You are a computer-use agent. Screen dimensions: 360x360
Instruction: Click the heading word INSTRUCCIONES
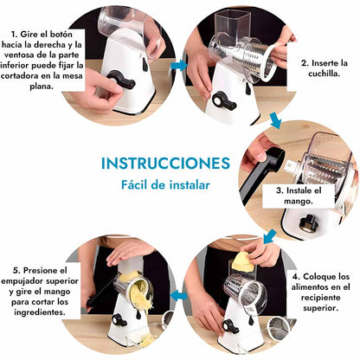(165, 164)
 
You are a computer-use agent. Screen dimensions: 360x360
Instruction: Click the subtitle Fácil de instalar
(165, 184)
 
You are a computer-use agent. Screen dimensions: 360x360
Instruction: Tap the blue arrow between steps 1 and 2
(179, 66)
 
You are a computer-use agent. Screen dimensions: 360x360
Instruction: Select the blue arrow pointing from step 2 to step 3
(275, 120)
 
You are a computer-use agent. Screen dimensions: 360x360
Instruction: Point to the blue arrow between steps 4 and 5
(178, 296)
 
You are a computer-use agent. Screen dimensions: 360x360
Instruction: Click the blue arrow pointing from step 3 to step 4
(269, 236)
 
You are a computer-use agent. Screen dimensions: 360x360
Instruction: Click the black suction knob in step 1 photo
(121, 80)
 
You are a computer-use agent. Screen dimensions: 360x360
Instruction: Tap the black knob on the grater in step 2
(224, 101)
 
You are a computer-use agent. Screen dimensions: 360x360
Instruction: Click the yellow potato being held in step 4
(243, 262)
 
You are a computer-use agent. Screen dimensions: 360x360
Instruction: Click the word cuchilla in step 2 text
(325, 74)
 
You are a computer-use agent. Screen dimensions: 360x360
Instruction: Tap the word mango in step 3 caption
(299, 202)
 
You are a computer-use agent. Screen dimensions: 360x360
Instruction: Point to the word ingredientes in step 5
(40, 312)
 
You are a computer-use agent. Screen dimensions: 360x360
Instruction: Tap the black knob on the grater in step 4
(230, 326)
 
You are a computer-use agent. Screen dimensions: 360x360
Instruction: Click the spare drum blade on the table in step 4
(279, 328)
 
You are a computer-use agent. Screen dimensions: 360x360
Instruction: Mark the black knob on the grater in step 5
(119, 319)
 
